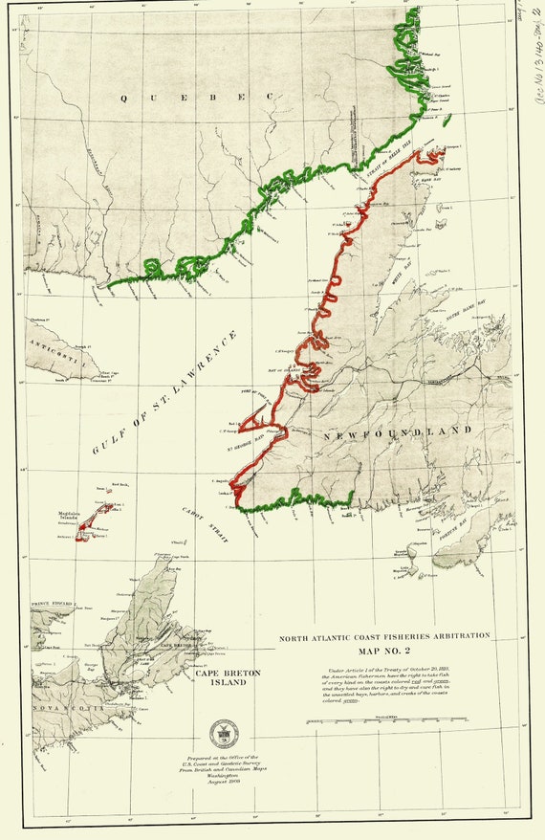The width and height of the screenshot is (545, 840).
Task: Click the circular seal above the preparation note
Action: (227, 733)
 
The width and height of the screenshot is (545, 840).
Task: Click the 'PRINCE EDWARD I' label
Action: (52, 604)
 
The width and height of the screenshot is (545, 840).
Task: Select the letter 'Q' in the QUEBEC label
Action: (123, 98)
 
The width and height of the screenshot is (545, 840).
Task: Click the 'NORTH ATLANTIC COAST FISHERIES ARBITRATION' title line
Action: (384, 635)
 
